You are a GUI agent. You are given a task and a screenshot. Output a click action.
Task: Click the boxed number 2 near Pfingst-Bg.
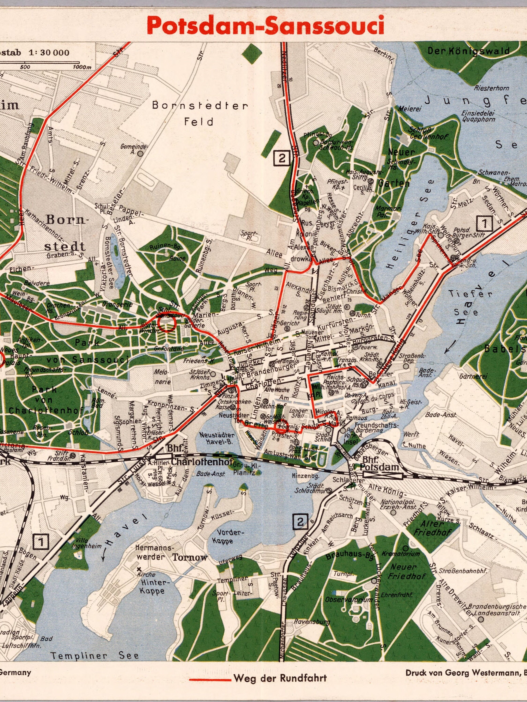click(282, 158)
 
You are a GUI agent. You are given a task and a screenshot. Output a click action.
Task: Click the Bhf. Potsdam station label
click(380, 467)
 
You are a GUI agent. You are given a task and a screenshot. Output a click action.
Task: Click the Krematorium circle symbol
click(406, 548)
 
